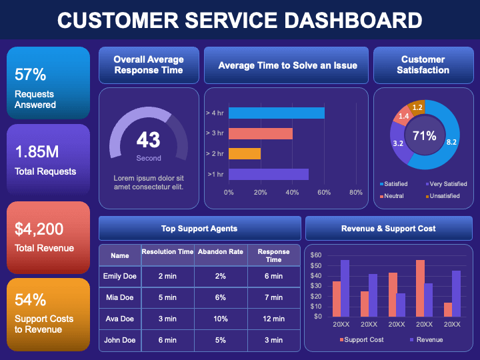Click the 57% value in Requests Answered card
[31, 74]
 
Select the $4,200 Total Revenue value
[39, 229]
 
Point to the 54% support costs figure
[31, 299]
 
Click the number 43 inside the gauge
[149, 139]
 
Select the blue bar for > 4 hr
[276, 113]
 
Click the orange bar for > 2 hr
[244, 154]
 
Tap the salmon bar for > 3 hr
[260, 133]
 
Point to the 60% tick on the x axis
[324, 193]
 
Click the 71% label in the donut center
[424, 136]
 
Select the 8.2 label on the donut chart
[451, 142]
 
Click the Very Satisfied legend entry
[446, 184]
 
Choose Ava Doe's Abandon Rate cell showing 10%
[221, 319]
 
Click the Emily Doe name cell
[120, 276]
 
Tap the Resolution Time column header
[167, 252]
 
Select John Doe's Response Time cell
[274, 340]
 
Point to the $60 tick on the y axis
[316, 255]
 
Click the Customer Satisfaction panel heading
[423, 64]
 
